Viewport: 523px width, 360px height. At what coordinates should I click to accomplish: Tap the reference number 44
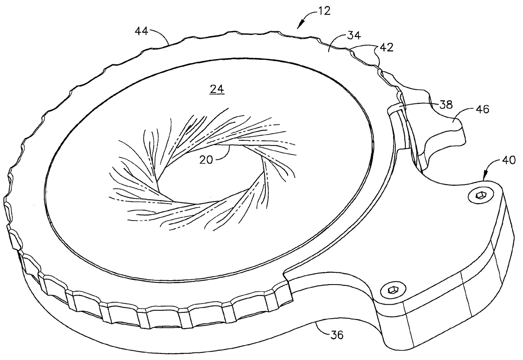pos(143,31)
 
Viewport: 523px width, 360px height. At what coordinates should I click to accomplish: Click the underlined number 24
pos(218,89)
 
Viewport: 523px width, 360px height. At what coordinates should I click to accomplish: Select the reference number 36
pos(336,335)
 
